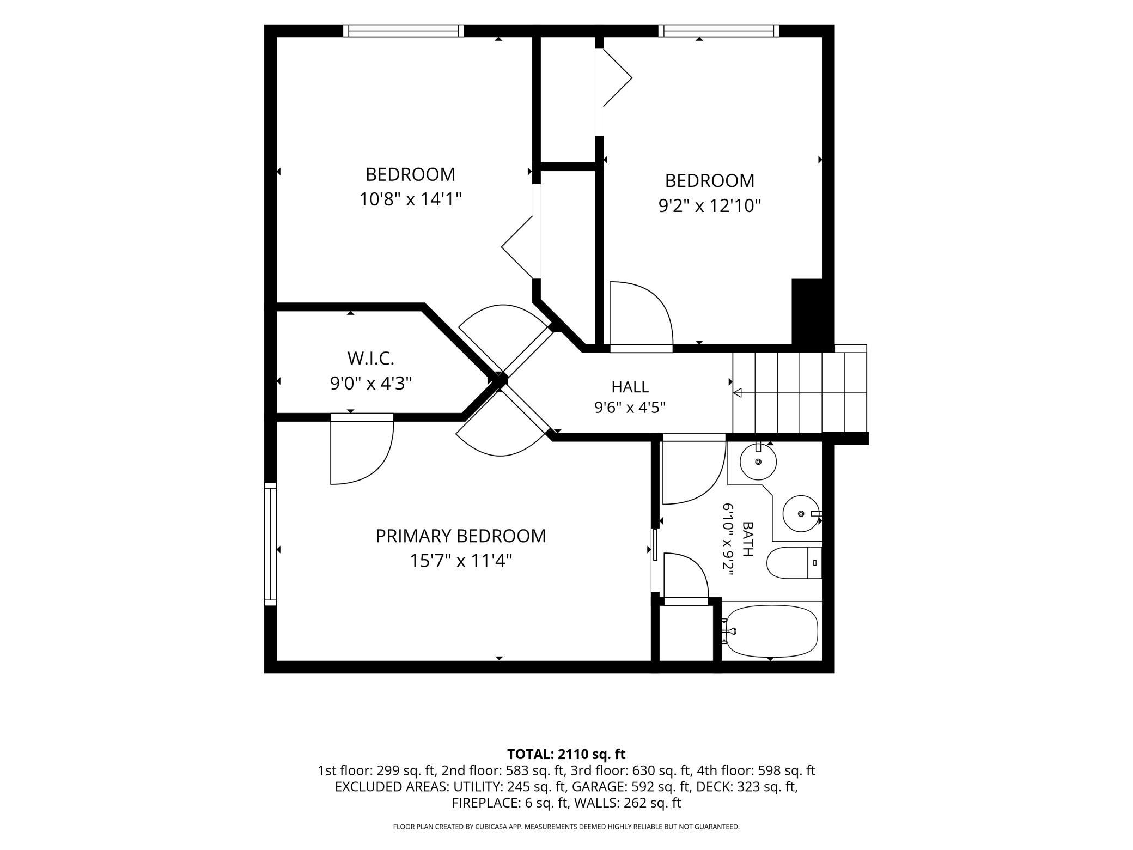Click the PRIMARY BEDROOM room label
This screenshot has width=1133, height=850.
[460, 536]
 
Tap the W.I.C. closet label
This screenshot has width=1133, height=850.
[370, 359]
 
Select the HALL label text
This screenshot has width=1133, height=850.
[630, 387]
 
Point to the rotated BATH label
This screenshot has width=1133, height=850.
[747, 539]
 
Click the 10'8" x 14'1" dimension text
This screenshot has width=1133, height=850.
[410, 199]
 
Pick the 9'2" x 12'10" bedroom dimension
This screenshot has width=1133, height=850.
[710, 205]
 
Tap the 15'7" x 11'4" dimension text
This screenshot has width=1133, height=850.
[461, 561]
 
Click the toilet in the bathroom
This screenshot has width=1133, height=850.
[794, 563]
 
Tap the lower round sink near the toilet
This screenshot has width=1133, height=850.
[801, 513]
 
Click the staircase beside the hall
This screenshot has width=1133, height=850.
[800, 392]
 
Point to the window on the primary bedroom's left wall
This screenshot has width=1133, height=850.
[270, 544]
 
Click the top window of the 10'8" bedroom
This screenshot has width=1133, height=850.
[404, 31]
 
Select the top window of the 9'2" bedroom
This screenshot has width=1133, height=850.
[718, 31]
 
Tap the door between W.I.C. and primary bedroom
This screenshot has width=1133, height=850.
[362, 449]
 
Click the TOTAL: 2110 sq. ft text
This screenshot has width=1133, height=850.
[566, 754]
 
